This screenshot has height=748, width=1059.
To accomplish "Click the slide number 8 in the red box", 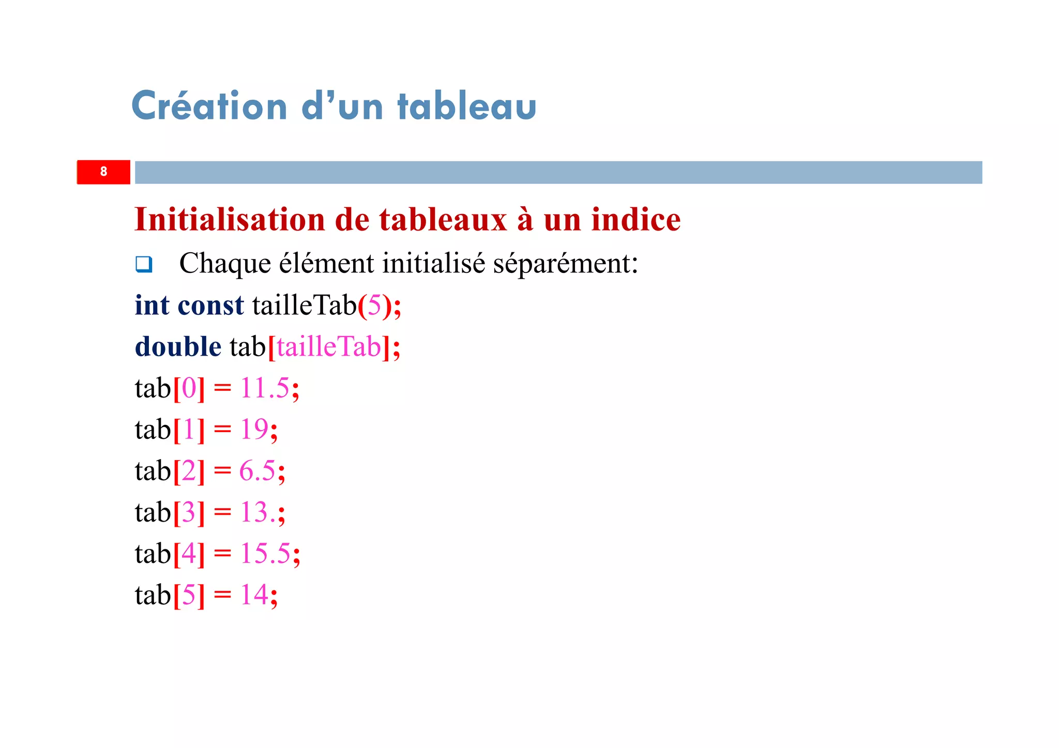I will click(103, 172).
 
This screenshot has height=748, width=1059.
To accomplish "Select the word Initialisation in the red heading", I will click(230, 219).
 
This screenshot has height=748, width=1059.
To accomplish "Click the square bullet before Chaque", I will click(144, 264).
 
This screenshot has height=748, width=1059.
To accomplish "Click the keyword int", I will click(152, 305).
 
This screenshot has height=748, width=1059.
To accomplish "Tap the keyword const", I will click(210, 305).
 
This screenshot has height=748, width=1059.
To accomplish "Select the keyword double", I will click(178, 346).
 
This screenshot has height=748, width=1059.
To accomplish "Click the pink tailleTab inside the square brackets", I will click(329, 346).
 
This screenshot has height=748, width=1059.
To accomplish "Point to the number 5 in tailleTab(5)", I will click(374, 306).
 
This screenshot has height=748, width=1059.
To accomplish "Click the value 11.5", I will click(264, 388).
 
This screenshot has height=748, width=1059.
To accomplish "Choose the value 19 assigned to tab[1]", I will click(254, 429).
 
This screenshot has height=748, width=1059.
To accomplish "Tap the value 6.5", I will click(257, 470).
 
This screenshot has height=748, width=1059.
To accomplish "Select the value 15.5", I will click(265, 553).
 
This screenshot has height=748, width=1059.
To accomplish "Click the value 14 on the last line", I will click(254, 594).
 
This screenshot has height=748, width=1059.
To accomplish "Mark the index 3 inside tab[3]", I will click(189, 512).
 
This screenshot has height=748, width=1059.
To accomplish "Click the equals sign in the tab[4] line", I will click(222, 554).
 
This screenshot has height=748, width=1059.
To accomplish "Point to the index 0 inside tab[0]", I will click(189, 388).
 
